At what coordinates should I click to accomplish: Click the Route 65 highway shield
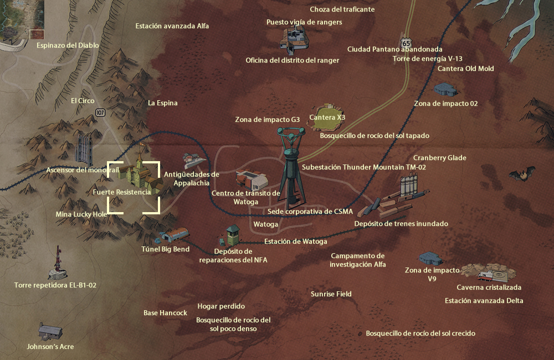(407, 43)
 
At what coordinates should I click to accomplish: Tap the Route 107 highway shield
(100, 112)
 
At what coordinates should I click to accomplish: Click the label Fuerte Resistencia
(122, 192)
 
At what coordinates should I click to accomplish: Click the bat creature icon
(522, 175)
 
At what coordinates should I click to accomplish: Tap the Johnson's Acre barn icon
(50, 331)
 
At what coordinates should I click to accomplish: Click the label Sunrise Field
(331, 294)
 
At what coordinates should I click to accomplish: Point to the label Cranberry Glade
(440, 158)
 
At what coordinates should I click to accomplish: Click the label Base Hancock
(165, 313)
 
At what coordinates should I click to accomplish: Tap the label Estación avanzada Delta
(484, 301)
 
